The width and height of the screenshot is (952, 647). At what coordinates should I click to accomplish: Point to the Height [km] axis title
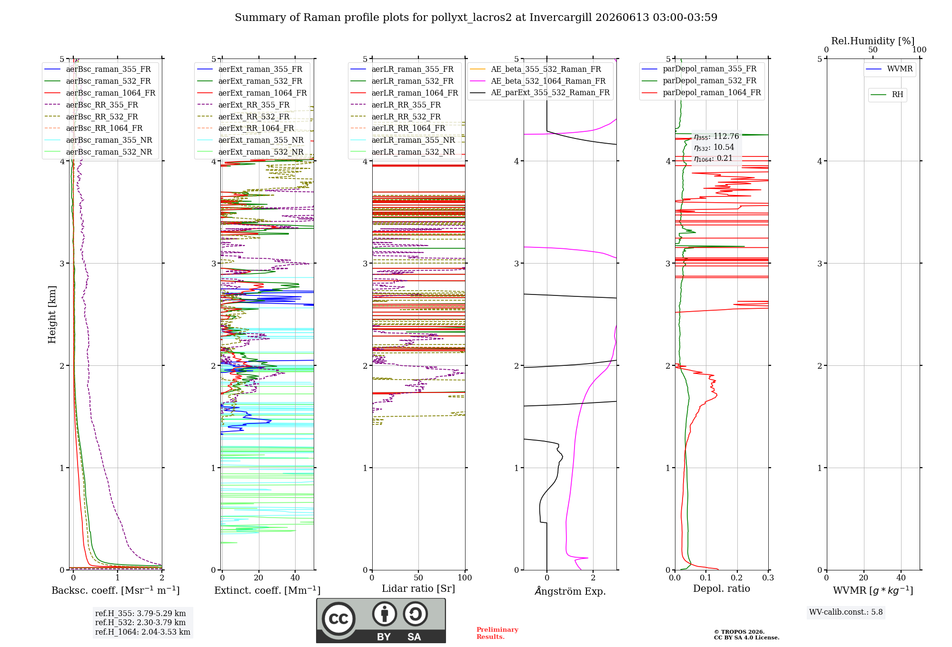coord(52,314)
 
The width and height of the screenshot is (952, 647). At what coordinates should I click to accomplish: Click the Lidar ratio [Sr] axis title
coord(418,588)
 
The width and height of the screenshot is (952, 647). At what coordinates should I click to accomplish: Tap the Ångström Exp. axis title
coord(570,591)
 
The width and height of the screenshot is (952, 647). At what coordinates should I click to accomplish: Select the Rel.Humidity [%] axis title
coord(873,41)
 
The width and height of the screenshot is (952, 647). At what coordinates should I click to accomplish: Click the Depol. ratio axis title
coord(722,588)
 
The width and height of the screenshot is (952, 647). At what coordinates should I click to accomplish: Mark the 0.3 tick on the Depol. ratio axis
coord(768,578)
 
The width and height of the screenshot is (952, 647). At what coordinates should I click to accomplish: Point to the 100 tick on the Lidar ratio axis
coord(465,578)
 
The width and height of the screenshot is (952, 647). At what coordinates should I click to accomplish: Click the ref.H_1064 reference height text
coord(143,632)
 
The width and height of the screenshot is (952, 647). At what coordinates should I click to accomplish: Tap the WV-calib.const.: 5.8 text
coord(846,612)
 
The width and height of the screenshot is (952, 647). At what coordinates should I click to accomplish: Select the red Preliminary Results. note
coord(497,633)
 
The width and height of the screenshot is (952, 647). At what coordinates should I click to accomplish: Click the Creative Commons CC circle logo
coord(338,618)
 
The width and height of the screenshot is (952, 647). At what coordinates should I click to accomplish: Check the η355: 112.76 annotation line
coord(716,137)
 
